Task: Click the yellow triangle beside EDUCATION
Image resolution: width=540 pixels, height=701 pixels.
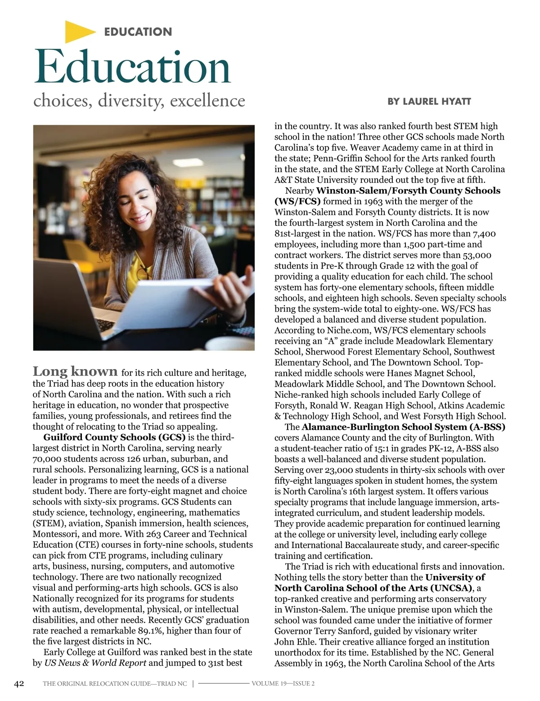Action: [x=78, y=32]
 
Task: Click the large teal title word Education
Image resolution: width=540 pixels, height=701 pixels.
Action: [x=132, y=67]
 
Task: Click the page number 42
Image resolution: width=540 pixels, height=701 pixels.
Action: [x=19, y=684]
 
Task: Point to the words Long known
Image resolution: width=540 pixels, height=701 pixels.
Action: [x=75, y=372]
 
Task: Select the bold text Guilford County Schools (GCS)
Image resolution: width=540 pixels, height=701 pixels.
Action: [x=114, y=437]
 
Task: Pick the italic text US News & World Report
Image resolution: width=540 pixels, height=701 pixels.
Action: [x=95, y=663]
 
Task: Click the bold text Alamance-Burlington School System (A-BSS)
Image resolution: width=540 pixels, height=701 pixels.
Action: [x=403, y=427]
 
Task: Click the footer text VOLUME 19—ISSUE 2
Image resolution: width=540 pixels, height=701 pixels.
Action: [x=283, y=684]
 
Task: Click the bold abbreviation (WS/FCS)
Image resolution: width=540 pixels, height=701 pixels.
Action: [x=297, y=201]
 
